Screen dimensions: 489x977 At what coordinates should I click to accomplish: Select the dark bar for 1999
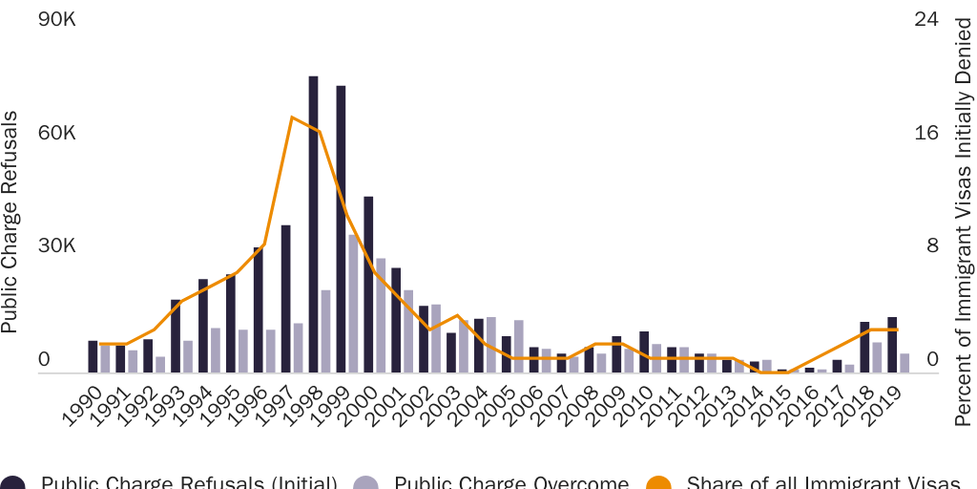pos(341,229)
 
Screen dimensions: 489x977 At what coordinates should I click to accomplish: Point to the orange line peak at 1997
pos(291,117)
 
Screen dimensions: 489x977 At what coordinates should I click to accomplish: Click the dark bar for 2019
pos(892,345)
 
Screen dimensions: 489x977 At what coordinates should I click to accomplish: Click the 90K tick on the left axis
pos(57,19)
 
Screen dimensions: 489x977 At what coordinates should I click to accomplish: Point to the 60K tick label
pos(57,133)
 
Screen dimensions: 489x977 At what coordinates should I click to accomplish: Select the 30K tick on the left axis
pos(57,245)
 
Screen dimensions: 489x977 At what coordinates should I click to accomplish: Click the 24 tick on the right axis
pos(926,19)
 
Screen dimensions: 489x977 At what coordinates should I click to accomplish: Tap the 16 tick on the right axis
pos(926,133)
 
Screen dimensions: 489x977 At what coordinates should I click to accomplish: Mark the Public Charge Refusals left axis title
pos(10,222)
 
